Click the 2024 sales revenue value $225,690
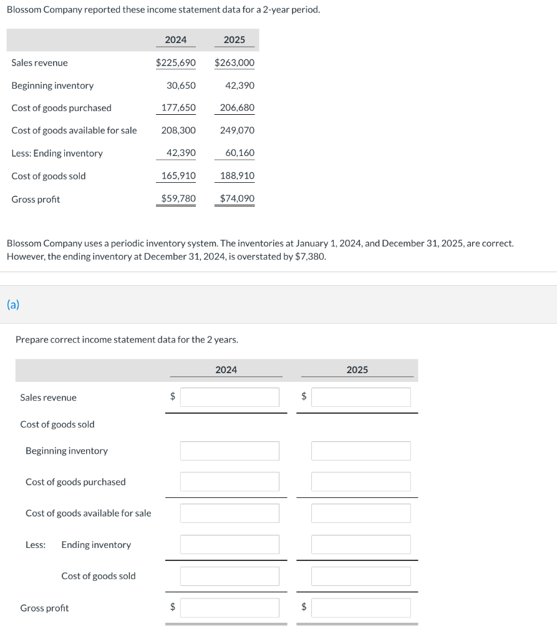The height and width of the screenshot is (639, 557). [x=175, y=63]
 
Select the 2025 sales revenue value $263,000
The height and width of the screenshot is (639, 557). [x=234, y=63]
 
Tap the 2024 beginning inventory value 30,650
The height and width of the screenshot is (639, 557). [x=181, y=85]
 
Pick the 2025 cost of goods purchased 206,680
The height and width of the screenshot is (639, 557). [x=237, y=108]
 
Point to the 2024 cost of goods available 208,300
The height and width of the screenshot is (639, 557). [x=178, y=130]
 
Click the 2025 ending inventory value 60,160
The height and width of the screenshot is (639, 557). [x=240, y=153]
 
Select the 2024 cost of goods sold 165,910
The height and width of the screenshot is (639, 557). [x=178, y=176]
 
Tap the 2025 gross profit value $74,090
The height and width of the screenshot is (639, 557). [x=237, y=199]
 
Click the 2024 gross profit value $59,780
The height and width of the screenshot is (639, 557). [x=178, y=199]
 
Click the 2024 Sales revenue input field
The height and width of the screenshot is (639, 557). [x=230, y=398]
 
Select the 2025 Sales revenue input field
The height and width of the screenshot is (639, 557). [x=361, y=398]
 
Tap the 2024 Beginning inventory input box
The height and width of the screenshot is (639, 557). [x=230, y=451]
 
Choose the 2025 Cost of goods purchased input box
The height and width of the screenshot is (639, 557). [x=361, y=482]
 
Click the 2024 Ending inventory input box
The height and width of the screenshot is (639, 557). [x=230, y=545]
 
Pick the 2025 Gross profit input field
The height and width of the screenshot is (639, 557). [x=361, y=608]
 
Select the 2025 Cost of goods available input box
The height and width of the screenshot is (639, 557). [x=361, y=513]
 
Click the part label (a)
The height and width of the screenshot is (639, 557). [x=13, y=305]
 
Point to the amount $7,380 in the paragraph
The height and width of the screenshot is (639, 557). [x=310, y=256]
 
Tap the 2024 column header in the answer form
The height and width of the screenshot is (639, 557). [x=226, y=370]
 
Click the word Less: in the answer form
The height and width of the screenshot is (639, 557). [x=36, y=545]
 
